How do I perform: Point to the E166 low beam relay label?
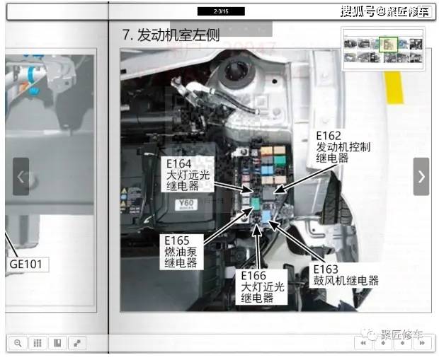[263, 286]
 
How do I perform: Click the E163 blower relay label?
[346, 275]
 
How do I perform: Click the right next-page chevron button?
[421, 176]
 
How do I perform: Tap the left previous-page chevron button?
[21, 177]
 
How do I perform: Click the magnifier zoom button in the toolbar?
[18, 343]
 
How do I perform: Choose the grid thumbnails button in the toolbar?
[38, 343]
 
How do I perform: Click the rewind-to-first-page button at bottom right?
[363, 343]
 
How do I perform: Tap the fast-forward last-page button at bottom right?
[421, 343]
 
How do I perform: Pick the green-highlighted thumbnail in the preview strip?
[387, 45]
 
